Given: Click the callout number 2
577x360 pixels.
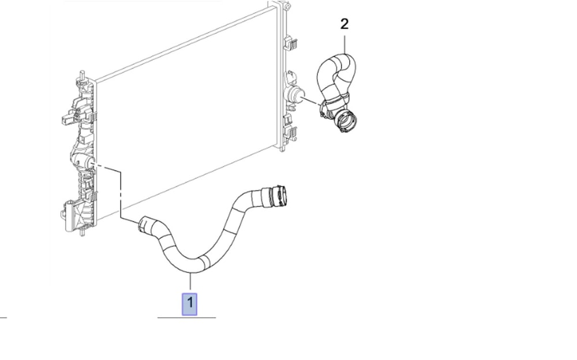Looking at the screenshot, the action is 344,24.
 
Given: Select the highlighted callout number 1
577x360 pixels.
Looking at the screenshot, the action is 189,304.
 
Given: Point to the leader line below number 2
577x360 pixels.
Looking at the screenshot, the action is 345,44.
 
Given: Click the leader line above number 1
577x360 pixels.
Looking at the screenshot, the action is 190,281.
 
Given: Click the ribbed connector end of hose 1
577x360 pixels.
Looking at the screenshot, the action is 278,196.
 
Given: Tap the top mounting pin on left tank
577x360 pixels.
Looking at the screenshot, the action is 83,75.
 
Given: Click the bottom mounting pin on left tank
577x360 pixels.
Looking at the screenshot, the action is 83,231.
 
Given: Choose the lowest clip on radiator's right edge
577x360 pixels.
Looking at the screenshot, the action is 290,133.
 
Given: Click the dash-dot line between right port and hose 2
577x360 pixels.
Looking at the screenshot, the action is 312,101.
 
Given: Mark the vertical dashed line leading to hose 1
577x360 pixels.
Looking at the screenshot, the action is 121,194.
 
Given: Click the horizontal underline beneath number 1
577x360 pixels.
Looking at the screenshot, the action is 186,317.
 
